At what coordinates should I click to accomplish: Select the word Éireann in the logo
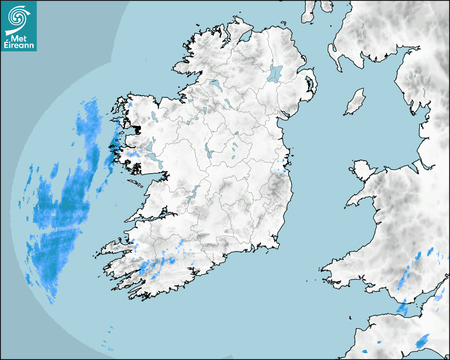click(19, 46)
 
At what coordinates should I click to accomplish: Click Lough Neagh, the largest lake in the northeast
click(276, 73)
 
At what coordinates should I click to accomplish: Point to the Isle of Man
click(355, 102)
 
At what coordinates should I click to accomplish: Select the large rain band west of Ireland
click(61, 212)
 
